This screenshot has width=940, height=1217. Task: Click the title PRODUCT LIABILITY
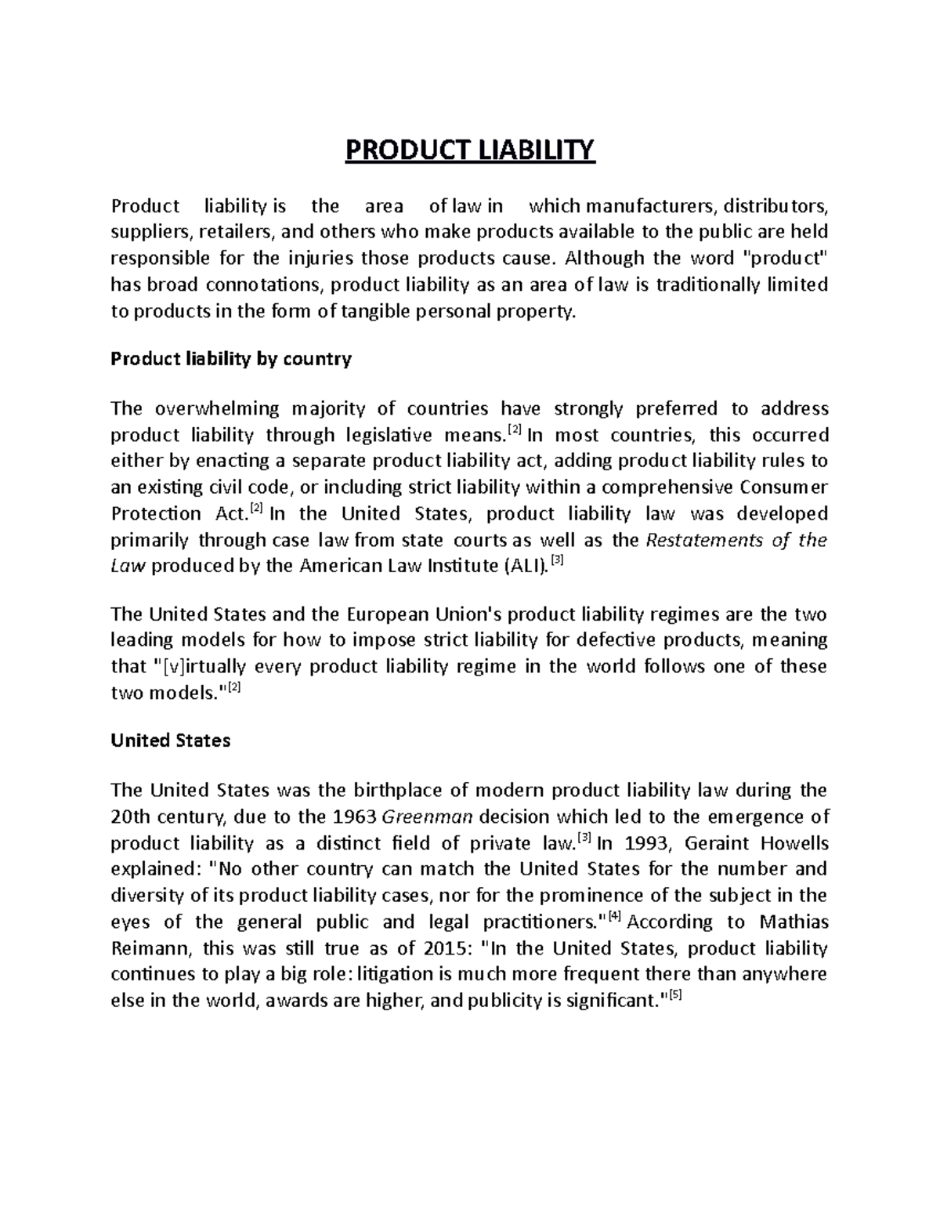coord(470,149)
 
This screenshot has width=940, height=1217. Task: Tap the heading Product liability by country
coord(231,359)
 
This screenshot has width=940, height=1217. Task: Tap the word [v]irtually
coord(197,667)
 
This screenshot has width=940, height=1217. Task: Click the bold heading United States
coord(171,741)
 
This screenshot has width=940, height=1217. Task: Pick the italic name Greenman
coord(427,817)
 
